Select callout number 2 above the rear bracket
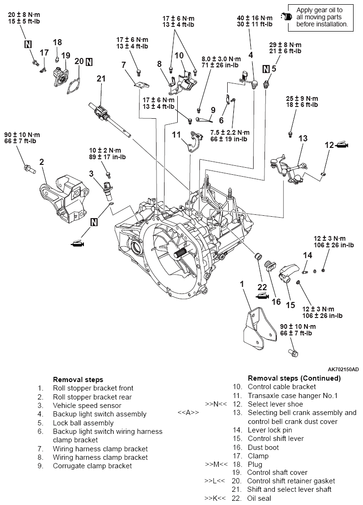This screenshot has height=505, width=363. (41, 162)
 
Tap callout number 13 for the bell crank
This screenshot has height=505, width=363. (303, 138)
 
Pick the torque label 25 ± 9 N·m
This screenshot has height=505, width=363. (303, 99)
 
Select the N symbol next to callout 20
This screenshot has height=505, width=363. (89, 61)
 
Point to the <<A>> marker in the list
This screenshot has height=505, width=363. (188, 413)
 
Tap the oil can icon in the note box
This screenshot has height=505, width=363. (286, 16)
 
